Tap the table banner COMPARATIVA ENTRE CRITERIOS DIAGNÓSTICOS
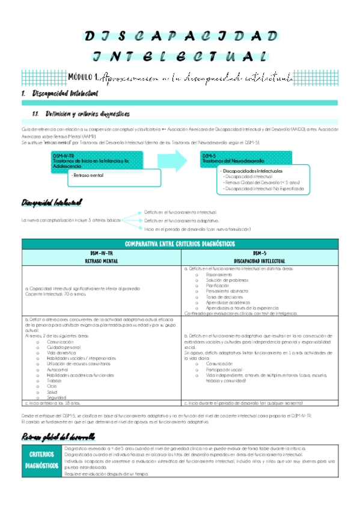180,244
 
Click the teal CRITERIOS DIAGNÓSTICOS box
41,461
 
